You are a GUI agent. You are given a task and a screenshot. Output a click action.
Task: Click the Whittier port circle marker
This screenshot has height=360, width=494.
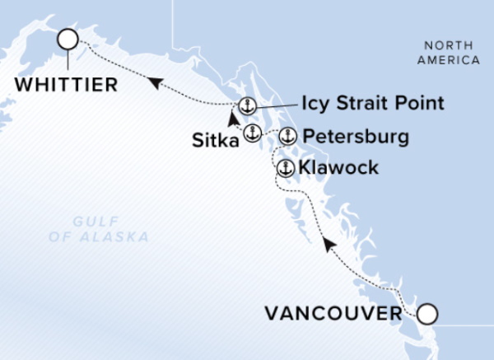[x=67, y=39]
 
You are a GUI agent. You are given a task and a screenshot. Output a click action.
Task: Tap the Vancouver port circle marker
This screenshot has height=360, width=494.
[x=427, y=314]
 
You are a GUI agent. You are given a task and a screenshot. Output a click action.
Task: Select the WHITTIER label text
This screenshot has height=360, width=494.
[x=63, y=85]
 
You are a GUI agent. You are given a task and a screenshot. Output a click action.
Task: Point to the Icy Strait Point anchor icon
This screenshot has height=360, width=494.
[x=246, y=105]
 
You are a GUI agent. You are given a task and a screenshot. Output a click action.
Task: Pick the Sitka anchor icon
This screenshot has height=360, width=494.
[x=251, y=133]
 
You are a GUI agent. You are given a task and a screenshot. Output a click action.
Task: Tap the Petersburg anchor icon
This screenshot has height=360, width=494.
[x=287, y=136]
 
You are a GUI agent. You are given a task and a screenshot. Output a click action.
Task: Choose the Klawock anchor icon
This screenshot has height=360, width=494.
[x=285, y=168]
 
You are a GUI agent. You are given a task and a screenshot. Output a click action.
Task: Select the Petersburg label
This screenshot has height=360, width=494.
[x=355, y=136]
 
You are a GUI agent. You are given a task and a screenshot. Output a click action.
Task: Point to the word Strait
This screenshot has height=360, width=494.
[x=365, y=104]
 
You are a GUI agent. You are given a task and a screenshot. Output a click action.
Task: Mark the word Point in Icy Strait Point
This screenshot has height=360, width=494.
[x=420, y=104]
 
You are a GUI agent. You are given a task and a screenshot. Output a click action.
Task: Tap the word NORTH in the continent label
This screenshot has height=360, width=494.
[x=447, y=45]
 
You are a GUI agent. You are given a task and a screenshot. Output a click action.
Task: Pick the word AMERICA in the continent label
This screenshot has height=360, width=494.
[x=449, y=60]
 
